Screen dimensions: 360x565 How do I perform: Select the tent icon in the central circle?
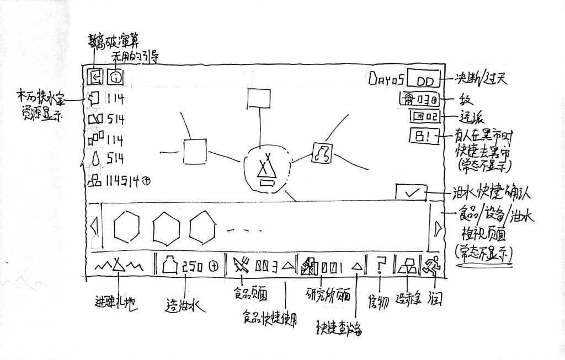(x=266, y=169)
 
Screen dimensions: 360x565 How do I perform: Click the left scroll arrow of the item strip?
(x=94, y=227)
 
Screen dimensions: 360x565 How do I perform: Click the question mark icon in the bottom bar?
(x=380, y=267)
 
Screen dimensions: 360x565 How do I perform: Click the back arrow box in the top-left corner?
(x=95, y=77)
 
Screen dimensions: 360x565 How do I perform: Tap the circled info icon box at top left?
(x=115, y=77)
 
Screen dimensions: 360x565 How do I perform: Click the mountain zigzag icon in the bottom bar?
(x=119, y=267)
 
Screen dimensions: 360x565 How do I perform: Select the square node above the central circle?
(x=257, y=99)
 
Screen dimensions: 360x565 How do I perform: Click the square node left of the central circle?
(x=195, y=151)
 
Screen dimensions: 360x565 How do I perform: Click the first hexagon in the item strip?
(x=128, y=227)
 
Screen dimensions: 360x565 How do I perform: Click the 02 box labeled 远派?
(x=424, y=117)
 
